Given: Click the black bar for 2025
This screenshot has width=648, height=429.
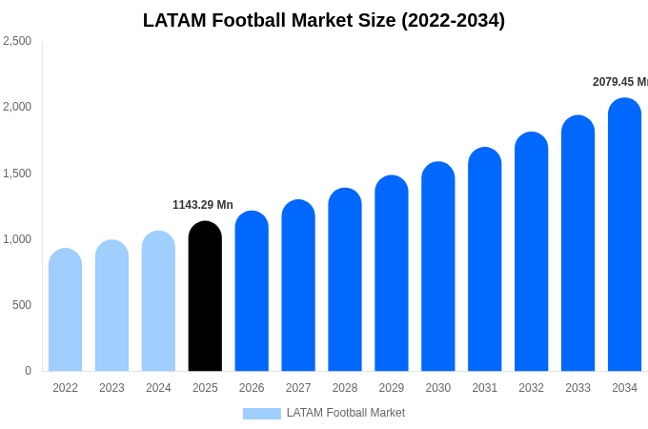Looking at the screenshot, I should (x=205, y=296).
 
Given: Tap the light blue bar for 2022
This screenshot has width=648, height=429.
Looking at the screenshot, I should (x=65, y=310).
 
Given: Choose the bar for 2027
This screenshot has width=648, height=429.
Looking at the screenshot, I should (x=298, y=286).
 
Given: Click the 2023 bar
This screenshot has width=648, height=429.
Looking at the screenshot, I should (x=111, y=306).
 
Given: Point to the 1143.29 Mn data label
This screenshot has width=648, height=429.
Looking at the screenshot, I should (x=202, y=205).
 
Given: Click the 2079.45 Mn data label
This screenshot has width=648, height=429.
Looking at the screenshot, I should (x=619, y=82).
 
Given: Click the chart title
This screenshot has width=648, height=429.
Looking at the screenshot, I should (x=324, y=20).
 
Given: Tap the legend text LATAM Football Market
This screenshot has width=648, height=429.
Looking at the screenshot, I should (x=345, y=413).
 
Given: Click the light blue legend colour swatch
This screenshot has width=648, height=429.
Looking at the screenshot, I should (x=261, y=414).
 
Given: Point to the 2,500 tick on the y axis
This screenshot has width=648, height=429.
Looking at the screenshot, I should (x=17, y=41).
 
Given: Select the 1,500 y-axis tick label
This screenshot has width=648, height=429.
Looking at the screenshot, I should (x=17, y=174).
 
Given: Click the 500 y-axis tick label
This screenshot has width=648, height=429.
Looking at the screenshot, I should (x=21, y=305).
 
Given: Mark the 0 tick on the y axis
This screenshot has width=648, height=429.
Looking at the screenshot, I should (x=28, y=371).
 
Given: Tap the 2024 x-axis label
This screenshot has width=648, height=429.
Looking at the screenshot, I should (x=158, y=388).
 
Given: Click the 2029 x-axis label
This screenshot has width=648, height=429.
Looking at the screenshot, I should (x=392, y=388).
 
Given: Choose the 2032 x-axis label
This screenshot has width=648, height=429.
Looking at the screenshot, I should (x=531, y=388).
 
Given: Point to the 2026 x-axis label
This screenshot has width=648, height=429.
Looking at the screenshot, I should (x=252, y=388).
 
